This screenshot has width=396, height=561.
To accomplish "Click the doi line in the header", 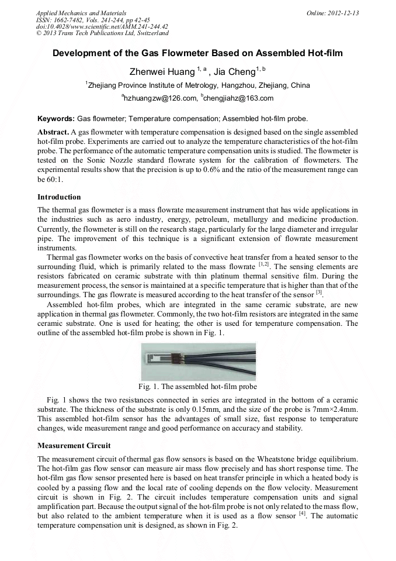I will click(x=102, y=26).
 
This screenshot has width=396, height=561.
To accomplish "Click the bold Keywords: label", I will click(x=56, y=118).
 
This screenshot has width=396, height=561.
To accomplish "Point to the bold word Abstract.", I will click(x=53, y=132).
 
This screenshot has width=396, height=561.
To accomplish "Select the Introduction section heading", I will click(x=59, y=197).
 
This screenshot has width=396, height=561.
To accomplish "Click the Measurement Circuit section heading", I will click(x=72, y=445).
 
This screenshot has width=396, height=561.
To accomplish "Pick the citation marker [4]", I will click(x=303, y=514).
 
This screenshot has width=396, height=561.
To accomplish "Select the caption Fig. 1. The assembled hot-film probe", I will click(x=197, y=387).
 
